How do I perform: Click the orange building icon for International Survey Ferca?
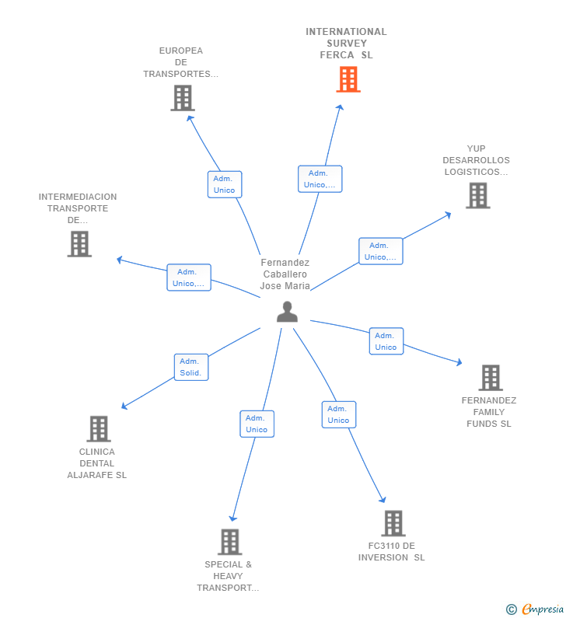pyautogui.click(x=348, y=79)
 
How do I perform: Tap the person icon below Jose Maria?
pyautogui.click(x=287, y=312)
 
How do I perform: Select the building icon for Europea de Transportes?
pyautogui.click(x=183, y=98)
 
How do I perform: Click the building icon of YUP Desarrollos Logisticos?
pyautogui.click(x=477, y=195)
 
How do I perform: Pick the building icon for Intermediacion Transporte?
pyautogui.click(x=79, y=244)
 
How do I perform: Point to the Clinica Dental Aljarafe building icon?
pyautogui.click(x=99, y=429)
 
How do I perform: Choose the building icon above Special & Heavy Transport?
pyautogui.click(x=230, y=542)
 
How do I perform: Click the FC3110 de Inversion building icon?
pyautogui.click(x=393, y=523)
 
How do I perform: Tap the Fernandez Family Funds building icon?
pyautogui.click(x=491, y=378)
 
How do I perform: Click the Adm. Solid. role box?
pyautogui.click(x=191, y=367)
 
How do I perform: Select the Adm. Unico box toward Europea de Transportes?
pyautogui.click(x=225, y=184)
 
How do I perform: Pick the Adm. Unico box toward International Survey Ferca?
pyautogui.click(x=320, y=179)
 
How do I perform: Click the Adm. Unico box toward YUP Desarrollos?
pyautogui.click(x=381, y=251)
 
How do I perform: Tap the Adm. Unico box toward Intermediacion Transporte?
pyautogui.click(x=189, y=278)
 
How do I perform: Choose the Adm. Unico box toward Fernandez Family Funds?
pyautogui.click(x=386, y=341)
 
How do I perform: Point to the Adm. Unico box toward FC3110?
pyautogui.click(x=339, y=414)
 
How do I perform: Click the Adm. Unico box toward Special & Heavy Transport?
pyautogui.click(x=257, y=424)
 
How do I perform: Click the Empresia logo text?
pyautogui.click(x=543, y=609)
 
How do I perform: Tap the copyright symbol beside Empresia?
pyautogui.click(x=512, y=609)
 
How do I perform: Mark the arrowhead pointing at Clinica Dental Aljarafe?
pyautogui.click(x=124, y=406)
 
